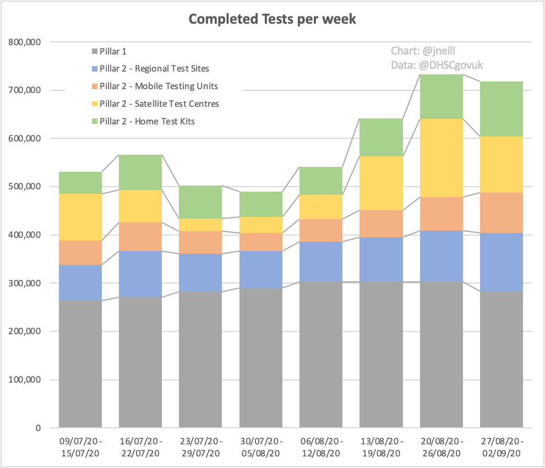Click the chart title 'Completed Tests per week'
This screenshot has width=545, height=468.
(272, 19)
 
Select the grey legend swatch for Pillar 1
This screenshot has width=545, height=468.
(95, 51)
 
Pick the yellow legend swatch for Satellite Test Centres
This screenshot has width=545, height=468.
(95, 104)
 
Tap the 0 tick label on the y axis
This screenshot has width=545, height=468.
(38, 428)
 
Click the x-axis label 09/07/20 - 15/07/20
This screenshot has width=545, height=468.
(80, 448)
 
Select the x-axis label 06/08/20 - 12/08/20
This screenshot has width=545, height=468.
(321, 448)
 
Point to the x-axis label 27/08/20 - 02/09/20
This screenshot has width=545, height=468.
(501, 448)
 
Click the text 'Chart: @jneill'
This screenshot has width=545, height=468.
(423, 51)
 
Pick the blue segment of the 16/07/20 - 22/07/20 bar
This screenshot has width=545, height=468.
(140, 274)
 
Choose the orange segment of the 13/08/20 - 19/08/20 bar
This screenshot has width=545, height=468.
(381, 224)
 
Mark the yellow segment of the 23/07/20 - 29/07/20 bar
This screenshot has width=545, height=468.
(201, 225)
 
